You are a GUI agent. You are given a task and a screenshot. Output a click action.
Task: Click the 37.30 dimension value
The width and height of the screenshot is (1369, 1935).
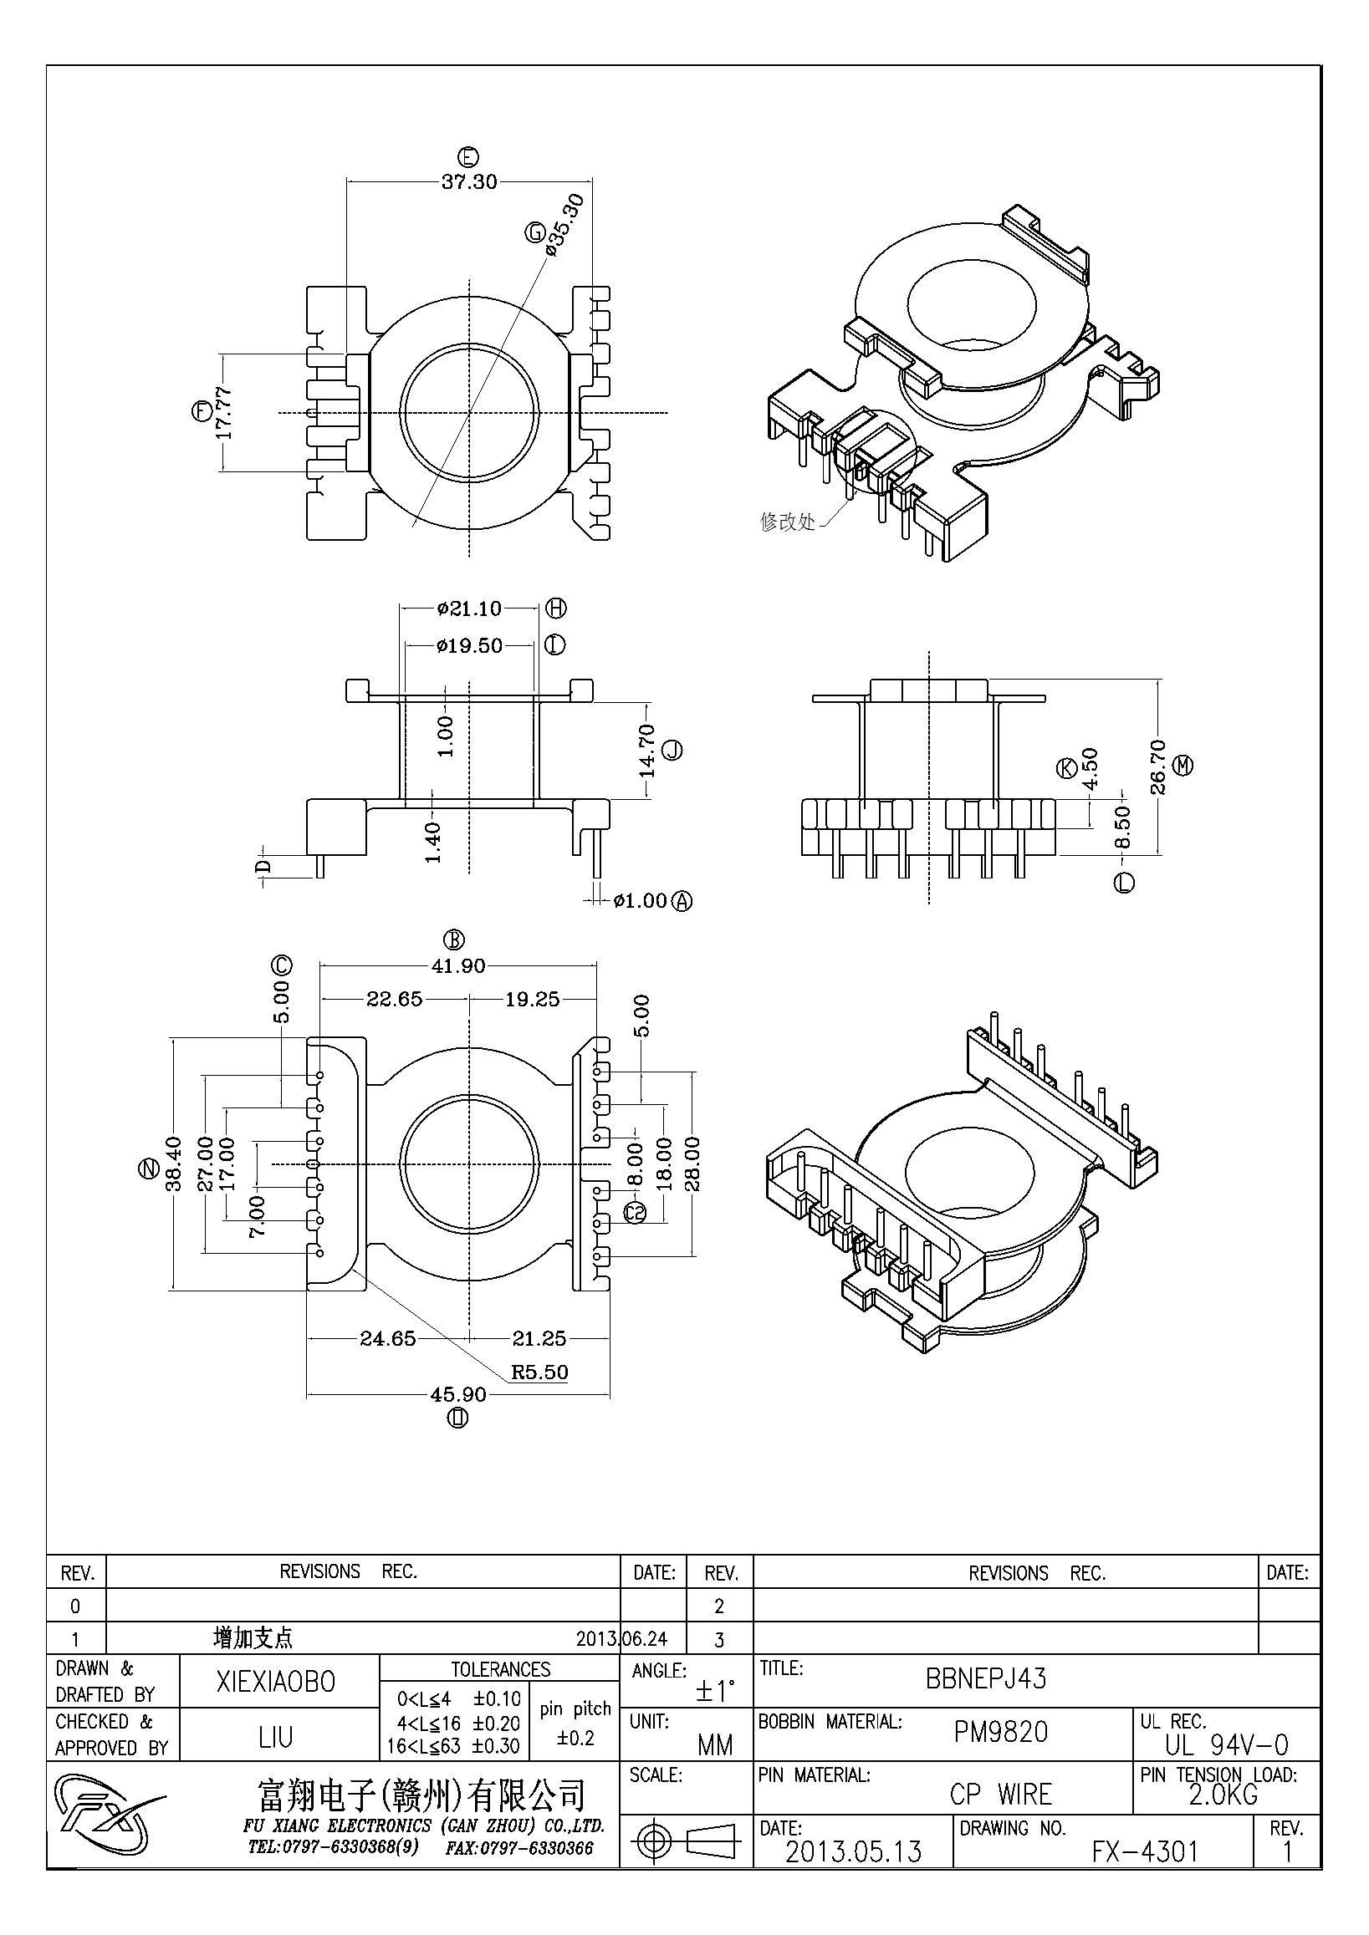pyautogui.click(x=468, y=181)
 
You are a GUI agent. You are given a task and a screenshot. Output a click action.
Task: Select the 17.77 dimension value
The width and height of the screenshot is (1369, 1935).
pyautogui.click(x=223, y=413)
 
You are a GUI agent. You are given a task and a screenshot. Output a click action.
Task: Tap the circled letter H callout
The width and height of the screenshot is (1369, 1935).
pyautogui.click(x=556, y=608)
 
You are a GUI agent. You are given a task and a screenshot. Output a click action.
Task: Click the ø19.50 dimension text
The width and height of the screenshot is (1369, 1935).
pyautogui.click(x=468, y=645)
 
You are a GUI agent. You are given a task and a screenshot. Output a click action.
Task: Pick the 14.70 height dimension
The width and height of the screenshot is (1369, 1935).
pyautogui.click(x=646, y=751)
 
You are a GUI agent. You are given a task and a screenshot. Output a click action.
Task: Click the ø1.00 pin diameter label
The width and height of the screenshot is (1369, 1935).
pyautogui.click(x=640, y=901)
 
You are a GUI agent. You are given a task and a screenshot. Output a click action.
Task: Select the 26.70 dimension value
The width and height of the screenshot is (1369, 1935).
pyautogui.click(x=1157, y=767)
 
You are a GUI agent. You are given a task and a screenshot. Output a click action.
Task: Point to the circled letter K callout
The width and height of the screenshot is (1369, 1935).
pyautogui.click(x=1066, y=768)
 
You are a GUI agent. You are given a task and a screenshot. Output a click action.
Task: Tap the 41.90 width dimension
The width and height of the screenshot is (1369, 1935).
pyautogui.click(x=457, y=965)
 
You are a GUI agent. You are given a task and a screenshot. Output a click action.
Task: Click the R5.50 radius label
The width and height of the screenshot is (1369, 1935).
pyautogui.click(x=539, y=1372)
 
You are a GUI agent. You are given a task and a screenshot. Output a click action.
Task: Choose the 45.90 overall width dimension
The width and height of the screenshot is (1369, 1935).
pyautogui.click(x=458, y=1394)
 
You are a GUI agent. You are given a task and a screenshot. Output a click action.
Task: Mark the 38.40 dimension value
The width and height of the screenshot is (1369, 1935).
pyautogui.click(x=174, y=1164)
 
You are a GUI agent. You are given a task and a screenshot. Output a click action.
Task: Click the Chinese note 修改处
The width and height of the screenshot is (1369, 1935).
pyautogui.click(x=787, y=522)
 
